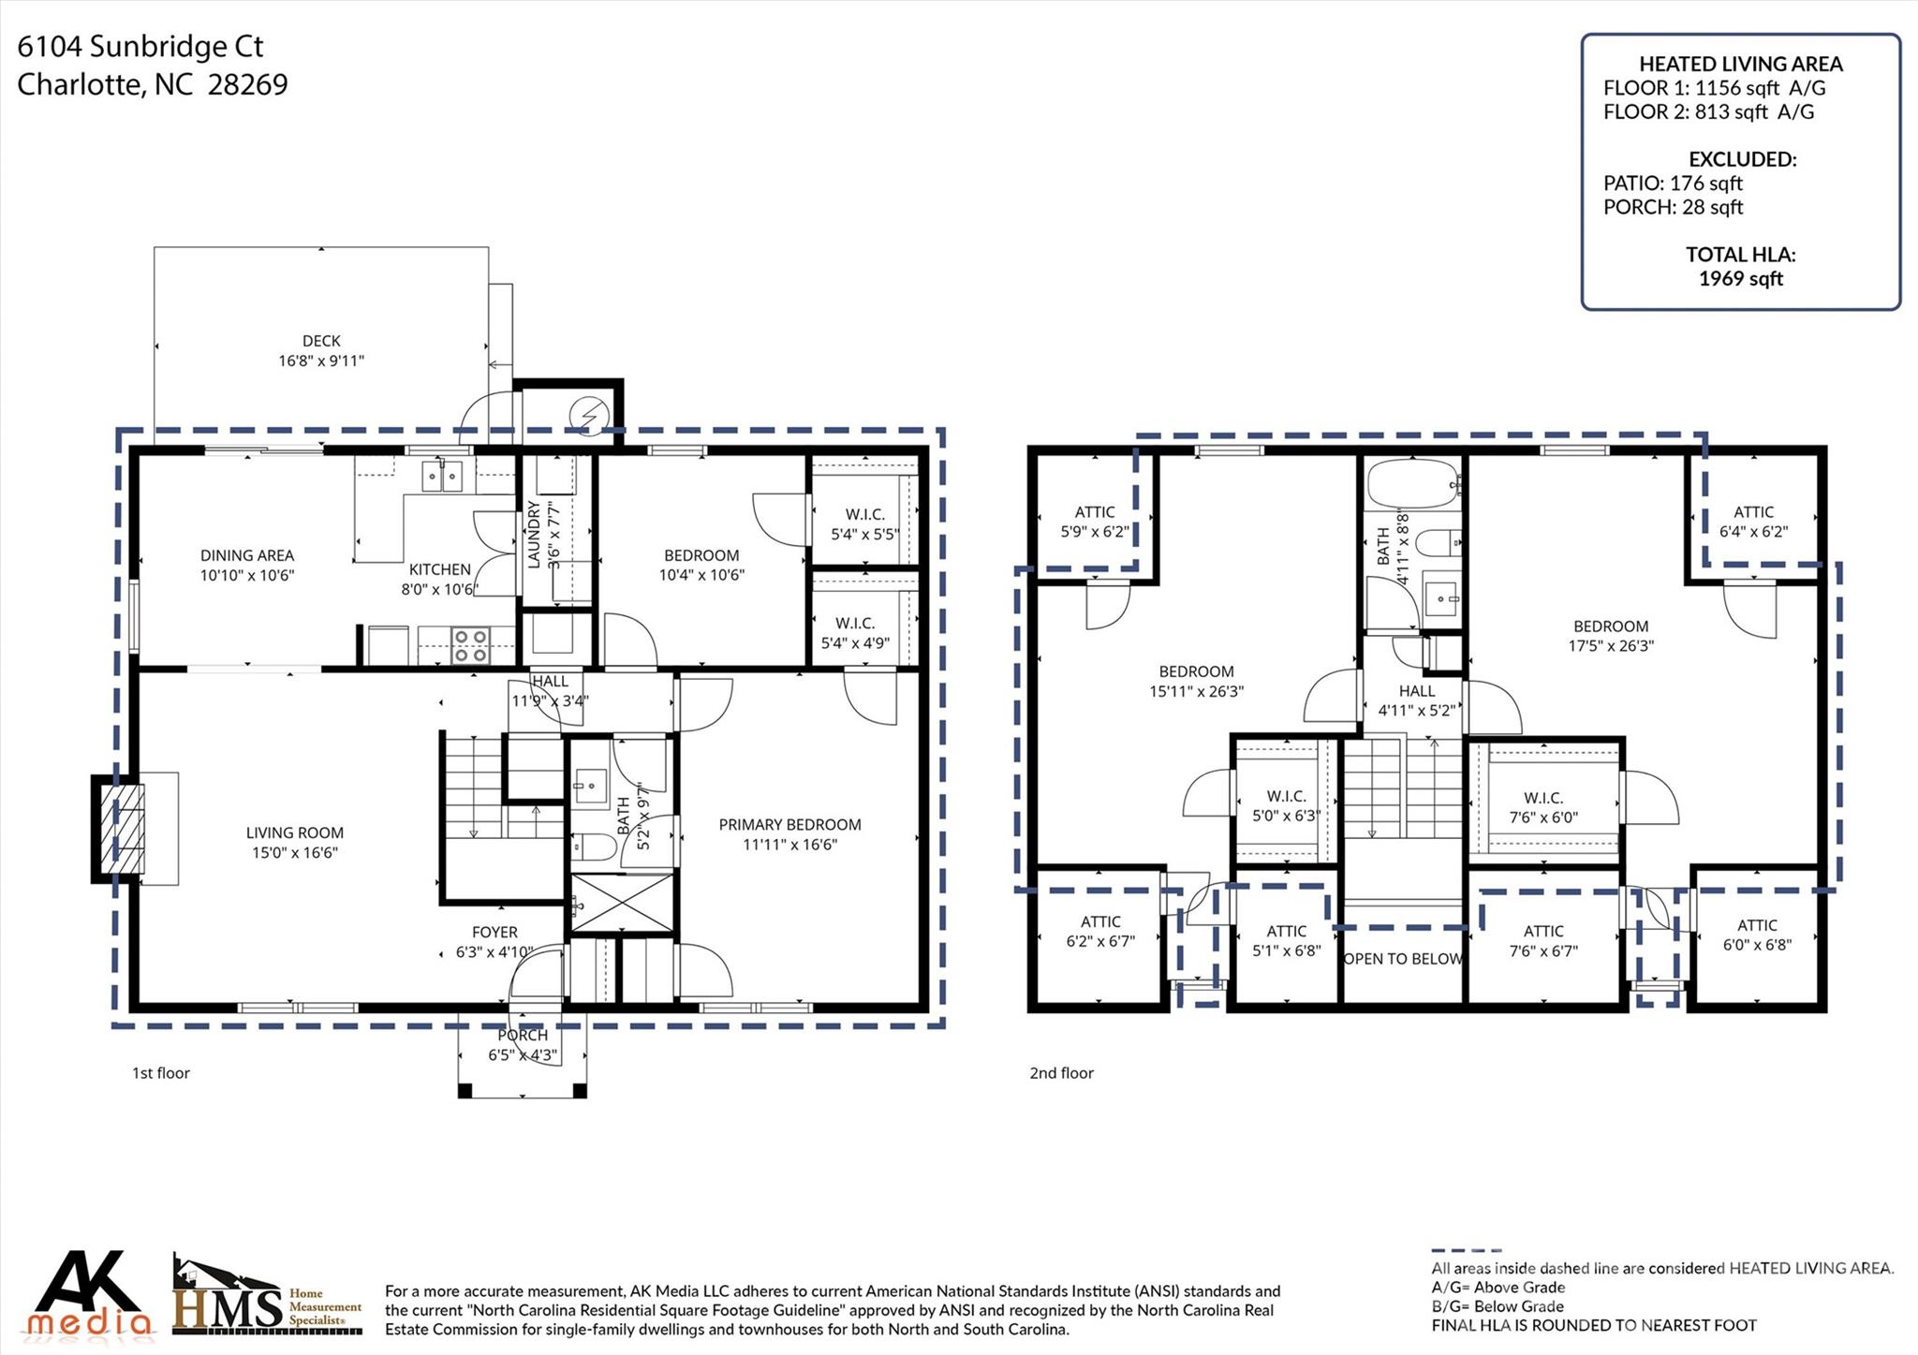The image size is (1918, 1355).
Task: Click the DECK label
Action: click(x=321, y=341)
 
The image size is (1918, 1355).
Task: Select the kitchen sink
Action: click(x=442, y=477)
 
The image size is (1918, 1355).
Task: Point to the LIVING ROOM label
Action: click(x=294, y=832)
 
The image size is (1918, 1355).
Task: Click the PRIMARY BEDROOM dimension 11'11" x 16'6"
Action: click(x=790, y=845)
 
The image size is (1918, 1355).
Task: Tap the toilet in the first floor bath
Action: click(x=593, y=847)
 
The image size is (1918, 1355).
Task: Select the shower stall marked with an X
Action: click(x=622, y=903)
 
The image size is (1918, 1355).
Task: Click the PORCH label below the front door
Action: click(x=523, y=1036)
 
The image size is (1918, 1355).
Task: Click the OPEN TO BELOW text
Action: click(x=1403, y=959)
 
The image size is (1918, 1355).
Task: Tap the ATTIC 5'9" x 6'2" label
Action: click(x=1095, y=522)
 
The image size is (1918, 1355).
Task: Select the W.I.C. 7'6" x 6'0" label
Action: click(x=1543, y=807)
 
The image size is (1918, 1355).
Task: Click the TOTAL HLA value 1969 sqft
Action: click(x=1741, y=279)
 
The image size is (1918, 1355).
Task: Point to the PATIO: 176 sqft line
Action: click(x=1673, y=184)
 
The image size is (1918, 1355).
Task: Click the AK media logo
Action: click(x=88, y=1294)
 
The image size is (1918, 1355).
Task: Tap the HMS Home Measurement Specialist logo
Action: click(x=266, y=1296)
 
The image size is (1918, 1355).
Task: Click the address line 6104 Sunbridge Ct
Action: click(x=140, y=47)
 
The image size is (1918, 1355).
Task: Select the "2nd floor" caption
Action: click(x=1061, y=1073)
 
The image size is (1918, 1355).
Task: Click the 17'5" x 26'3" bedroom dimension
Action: click(x=1611, y=646)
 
